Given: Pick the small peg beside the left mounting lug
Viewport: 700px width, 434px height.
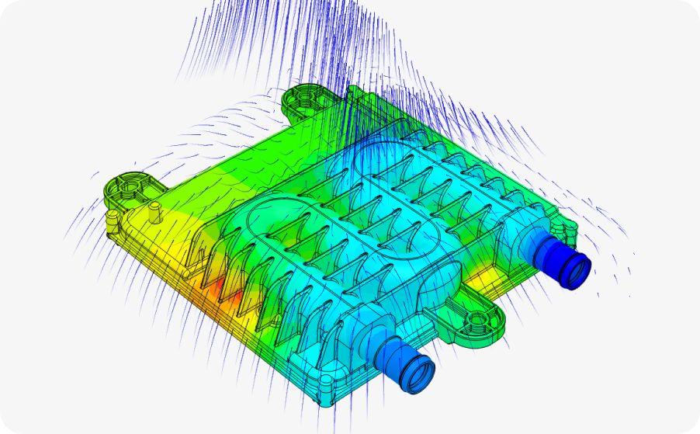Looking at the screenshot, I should click(x=154, y=207).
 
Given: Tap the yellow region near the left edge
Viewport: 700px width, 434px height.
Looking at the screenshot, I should click(x=147, y=233).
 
